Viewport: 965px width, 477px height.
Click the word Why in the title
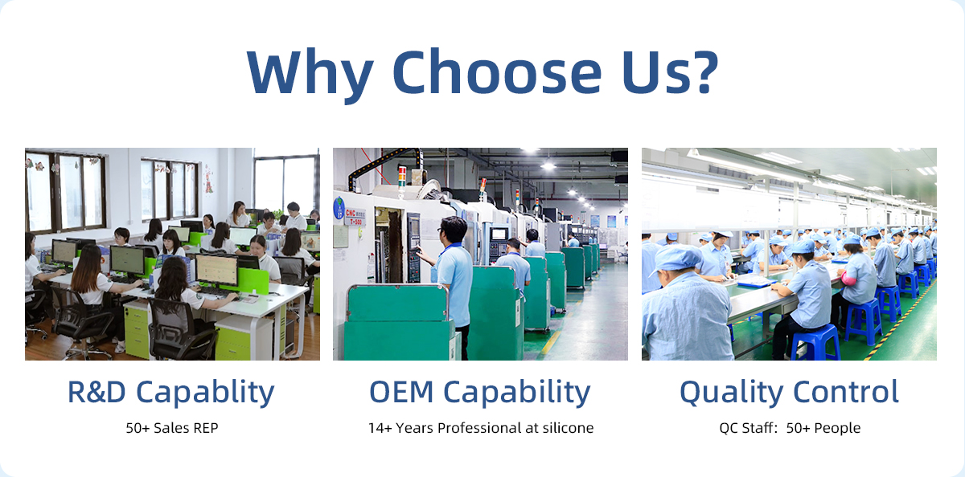point(310,74)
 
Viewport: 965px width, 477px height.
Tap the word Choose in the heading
point(497,71)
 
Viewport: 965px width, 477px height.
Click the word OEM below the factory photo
point(401,392)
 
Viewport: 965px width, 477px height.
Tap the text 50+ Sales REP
point(172,428)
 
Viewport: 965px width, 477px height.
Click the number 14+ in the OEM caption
point(380,428)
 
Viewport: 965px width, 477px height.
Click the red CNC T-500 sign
point(355,217)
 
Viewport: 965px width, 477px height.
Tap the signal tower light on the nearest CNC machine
point(402,177)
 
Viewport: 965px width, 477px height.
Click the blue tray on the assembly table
point(756,282)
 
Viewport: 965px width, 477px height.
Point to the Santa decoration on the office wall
point(209,179)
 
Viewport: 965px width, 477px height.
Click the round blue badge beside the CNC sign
point(339,208)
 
